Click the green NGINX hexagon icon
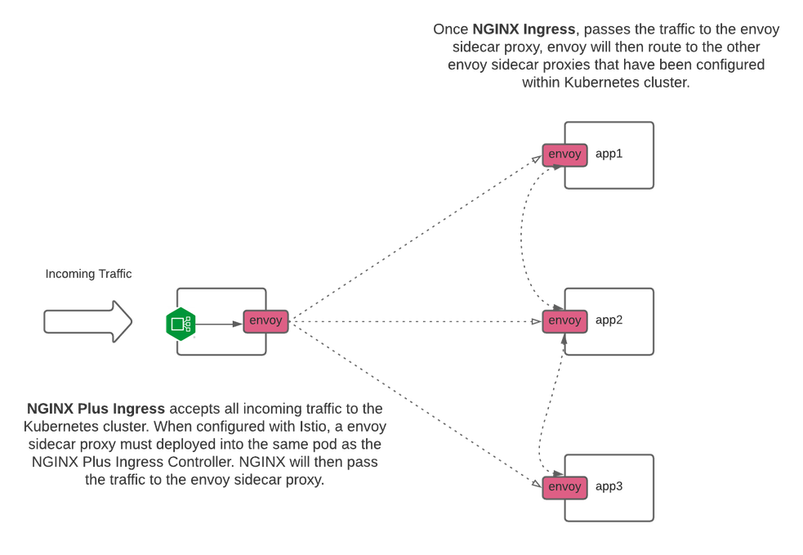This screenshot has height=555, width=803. coord(180,324)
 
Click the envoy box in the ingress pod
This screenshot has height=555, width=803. coord(265,320)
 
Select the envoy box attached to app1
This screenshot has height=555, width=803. coord(564,154)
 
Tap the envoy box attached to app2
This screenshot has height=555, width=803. coord(564,320)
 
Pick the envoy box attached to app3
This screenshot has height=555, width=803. coord(564,487)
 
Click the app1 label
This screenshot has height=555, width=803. coord(609,154)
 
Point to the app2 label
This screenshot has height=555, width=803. coord(609,320)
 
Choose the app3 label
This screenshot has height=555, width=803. coord(609,486)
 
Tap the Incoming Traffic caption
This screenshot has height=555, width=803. coord(88,275)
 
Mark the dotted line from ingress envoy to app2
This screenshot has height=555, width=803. coord(417,321)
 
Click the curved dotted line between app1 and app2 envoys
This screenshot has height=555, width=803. coord(530,237)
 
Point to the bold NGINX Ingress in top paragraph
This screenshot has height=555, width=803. coord(525,29)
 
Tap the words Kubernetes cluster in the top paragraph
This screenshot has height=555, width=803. coord(639,83)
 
